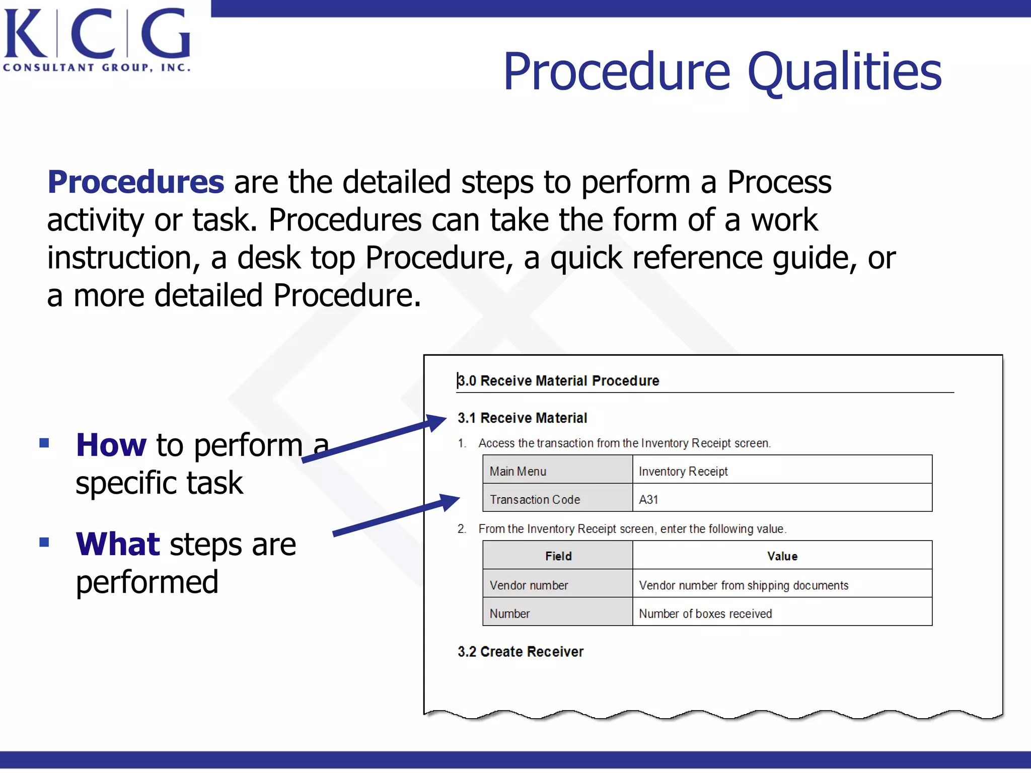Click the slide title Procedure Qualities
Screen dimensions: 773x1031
[x=722, y=72]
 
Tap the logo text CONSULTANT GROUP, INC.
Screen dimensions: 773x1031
[x=97, y=67]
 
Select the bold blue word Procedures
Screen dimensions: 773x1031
[x=135, y=182]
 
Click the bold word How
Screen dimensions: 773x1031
[x=111, y=445]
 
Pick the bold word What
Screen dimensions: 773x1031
[x=117, y=544]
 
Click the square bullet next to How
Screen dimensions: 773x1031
[x=44, y=443]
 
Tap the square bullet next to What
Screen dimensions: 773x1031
[x=44, y=542]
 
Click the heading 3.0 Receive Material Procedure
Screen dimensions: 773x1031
[x=558, y=380]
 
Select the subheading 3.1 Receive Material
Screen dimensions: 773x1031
[x=522, y=418]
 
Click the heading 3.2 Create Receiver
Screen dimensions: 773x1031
[x=520, y=651]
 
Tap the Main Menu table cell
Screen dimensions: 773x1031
[x=557, y=471]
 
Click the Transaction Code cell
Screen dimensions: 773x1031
[x=557, y=499]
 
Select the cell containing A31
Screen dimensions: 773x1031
[x=781, y=499]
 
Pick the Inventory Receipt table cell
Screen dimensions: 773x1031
[x=781, y=471]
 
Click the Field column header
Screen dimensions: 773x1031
[x=558, y=556]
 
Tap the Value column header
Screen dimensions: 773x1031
[x=782, y=556]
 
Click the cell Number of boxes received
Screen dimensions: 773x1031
[x=781, y=613]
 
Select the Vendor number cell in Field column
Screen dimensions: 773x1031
[x=557, y=585]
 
